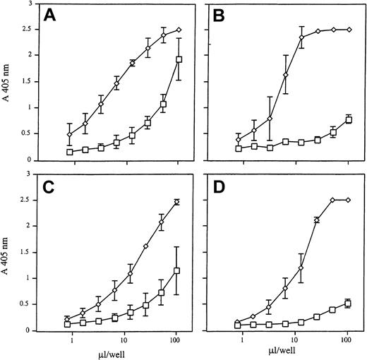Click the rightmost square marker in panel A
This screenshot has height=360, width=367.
[x=179, y=60]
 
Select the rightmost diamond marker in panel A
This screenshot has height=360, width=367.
[x=179, y=30]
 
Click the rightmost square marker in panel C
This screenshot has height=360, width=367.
[x=179, y=270]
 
